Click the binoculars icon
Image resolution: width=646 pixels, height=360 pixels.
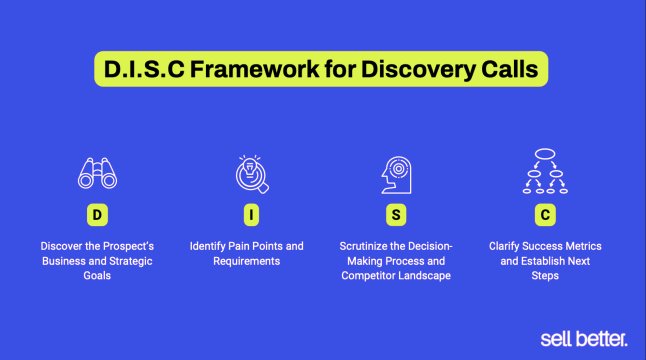[x=97, y=173]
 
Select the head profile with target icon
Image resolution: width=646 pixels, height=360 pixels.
[x=396, y=175]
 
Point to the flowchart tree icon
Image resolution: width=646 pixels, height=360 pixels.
[x=545, y=171]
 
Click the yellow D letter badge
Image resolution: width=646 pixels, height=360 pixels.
[x=97, y=215]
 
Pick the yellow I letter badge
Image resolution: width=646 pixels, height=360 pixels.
[x=251, y=215]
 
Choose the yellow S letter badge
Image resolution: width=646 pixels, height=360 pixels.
[x=396, y=215]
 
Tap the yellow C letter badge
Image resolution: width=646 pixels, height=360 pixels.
[x=545, y=215]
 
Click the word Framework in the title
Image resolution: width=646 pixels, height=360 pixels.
[x=254, y=69]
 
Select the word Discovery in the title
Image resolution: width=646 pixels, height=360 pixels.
[x=418, y=70]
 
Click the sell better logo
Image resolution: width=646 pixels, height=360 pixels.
[x=584, y=339]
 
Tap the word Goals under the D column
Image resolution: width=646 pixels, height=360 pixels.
[x=97, y=275]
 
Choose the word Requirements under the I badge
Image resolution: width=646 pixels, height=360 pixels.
[x=246, y=261]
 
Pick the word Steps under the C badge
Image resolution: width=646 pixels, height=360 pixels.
[x=545, y=275]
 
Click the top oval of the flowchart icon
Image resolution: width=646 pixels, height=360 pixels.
[x=545, y=154]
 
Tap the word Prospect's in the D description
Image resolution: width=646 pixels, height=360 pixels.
[x=128, y=246]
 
